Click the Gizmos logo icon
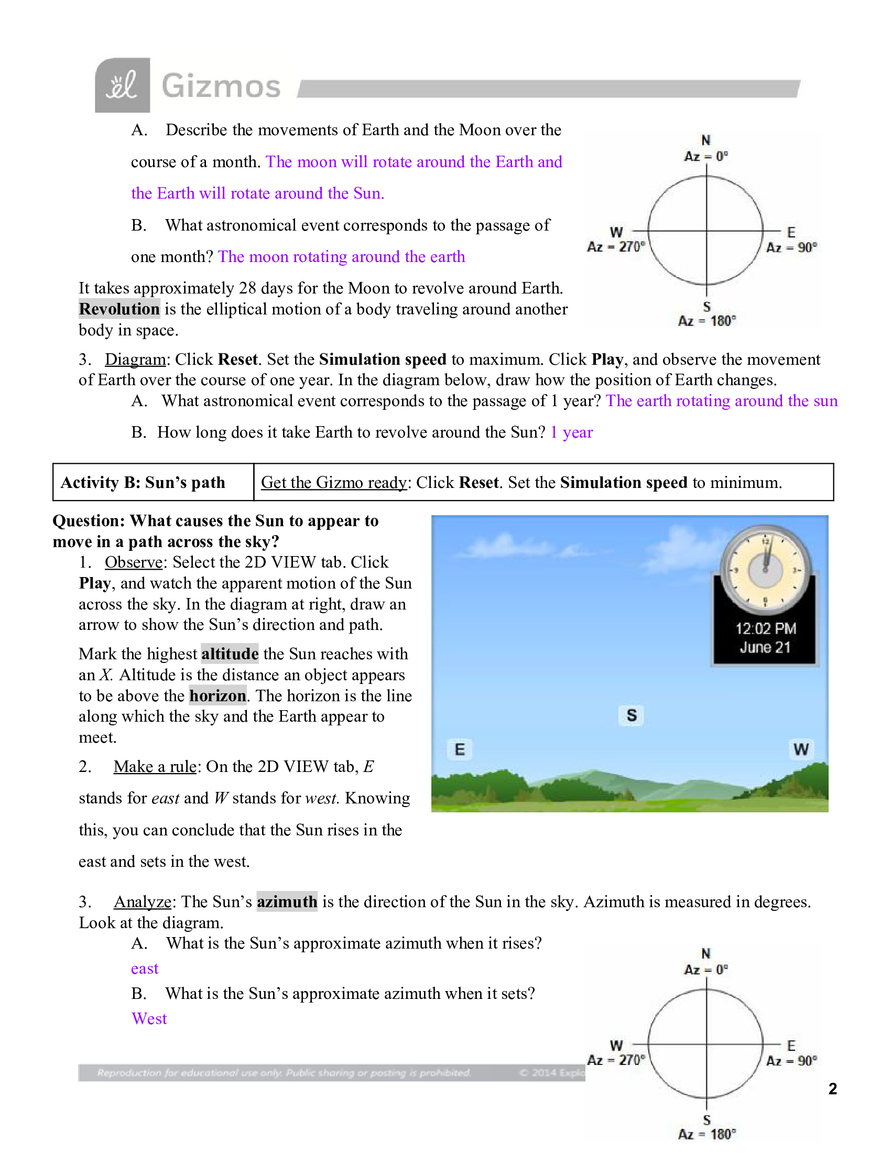(x=122, y=85)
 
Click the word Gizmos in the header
(x=221, y=86)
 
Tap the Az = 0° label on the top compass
(x=706, y=156)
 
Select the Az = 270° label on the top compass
(x=615, y=246)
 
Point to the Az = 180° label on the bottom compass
(x=707, y=1134)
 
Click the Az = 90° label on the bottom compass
(x=791, y=1061)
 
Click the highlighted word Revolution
(x=119, y=309)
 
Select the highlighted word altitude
(x=230, y=654)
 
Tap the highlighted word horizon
(x=218, y=696)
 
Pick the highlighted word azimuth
(x=287, y=902)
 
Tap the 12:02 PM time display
(x=765, y=628)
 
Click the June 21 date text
(x=765, y=647)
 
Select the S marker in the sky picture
(x=632, y=715)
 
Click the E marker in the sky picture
(x=460, y=749)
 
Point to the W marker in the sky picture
(x=801, y=749)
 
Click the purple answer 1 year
(x=572, y=432)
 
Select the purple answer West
(x=149, y=1018)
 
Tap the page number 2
(x=832, y=1089)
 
